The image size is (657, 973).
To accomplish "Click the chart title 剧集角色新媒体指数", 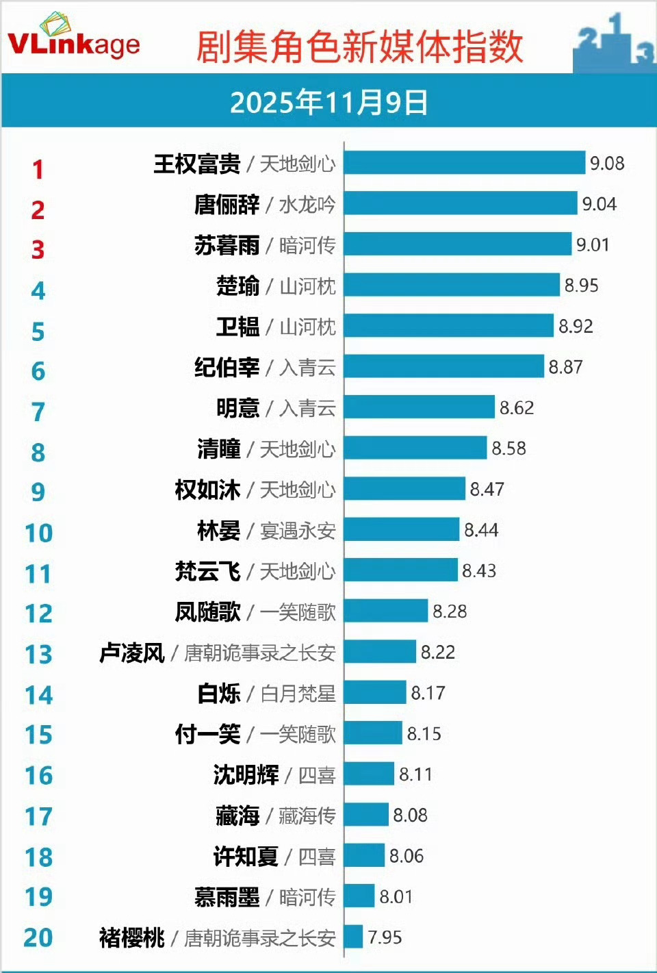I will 360,47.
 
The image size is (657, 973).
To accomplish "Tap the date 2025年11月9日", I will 328,103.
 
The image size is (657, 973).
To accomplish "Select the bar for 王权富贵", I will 465,163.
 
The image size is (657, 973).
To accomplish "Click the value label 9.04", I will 599,204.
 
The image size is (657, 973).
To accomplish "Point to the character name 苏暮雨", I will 227,245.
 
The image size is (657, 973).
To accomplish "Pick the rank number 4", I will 38,291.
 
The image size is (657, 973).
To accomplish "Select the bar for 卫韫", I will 448,326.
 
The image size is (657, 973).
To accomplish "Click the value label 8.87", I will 565,367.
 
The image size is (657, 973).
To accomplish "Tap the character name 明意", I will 237,408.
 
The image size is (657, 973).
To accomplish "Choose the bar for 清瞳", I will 415,448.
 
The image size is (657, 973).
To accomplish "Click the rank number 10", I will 38,533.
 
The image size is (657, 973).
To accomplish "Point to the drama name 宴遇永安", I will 298,531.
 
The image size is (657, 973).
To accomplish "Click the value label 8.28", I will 450,611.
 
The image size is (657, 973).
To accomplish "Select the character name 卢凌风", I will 132,653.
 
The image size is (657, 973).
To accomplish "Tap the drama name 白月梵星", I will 298,694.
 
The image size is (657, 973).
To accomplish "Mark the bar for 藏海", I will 366,815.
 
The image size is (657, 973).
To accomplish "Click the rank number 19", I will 38,896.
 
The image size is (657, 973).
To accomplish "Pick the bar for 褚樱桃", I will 353,937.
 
